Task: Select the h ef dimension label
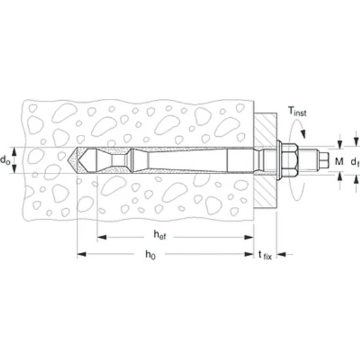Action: point(160,235)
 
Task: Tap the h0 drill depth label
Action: point(151,255)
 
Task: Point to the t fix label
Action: point(265,255)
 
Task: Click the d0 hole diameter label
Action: point(5,160)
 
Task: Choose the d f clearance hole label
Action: point(355,162)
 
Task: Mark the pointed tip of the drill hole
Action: point(68,160)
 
